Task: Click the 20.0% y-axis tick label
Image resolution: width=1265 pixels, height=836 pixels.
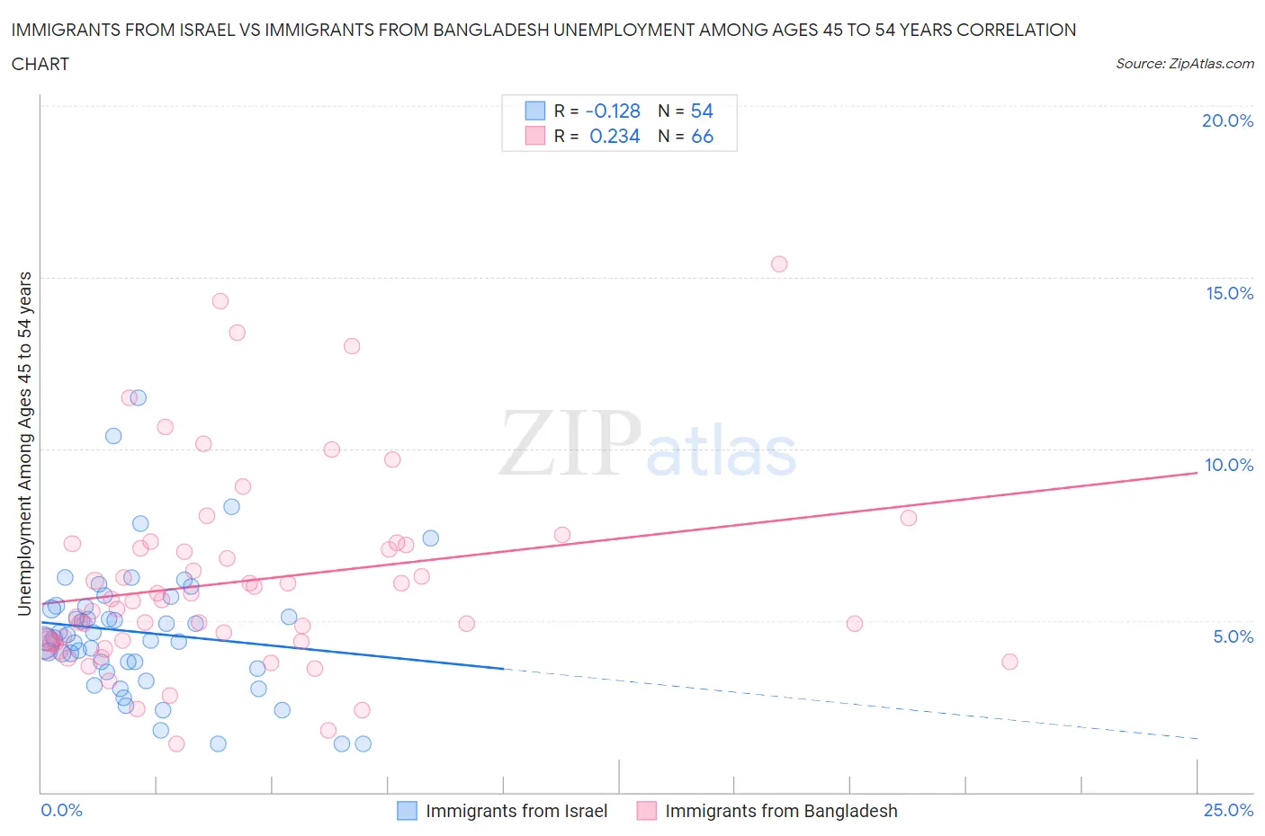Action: point(1227,120)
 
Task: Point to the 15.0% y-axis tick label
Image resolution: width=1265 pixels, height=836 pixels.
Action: point(1229,293)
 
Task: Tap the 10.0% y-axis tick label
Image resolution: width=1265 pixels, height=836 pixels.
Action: point(1229,465)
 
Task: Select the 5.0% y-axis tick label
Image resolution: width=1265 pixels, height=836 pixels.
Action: point(1233,636)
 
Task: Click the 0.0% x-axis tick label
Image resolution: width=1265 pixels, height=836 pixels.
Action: point(61,810)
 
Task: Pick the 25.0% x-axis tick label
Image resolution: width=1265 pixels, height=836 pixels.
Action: point(1228,810)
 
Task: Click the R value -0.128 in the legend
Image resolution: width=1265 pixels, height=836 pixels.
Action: point(613,111)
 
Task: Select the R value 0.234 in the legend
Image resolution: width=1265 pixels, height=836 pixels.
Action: point(615,136)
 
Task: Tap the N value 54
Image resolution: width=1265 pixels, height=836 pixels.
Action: point(702,111)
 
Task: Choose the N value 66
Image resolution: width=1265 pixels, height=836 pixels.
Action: point(702,136)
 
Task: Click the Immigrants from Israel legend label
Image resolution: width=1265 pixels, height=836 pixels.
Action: point(516,811)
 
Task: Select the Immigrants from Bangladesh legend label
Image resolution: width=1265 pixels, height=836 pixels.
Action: point(781,811)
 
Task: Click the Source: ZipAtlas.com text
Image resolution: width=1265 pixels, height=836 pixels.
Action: point(1185,63)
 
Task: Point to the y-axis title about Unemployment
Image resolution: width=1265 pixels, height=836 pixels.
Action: point(25,443)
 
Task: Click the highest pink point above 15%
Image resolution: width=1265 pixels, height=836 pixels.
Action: point(779,264)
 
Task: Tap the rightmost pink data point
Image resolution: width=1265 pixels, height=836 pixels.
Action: point(1009,662)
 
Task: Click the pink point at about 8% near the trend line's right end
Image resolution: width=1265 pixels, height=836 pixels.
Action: point(909,518)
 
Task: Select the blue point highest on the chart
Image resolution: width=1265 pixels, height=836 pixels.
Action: point(139,397)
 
